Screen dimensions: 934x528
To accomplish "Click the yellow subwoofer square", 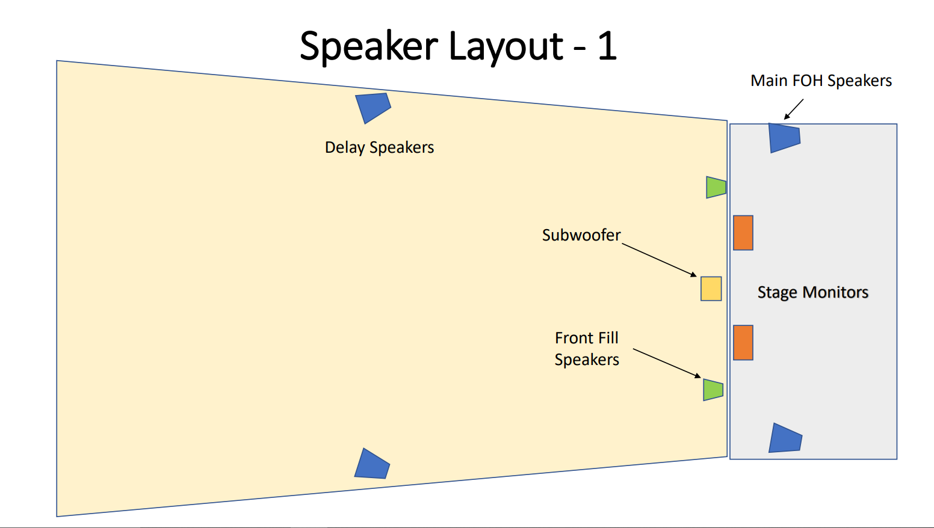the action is tap(711, 289).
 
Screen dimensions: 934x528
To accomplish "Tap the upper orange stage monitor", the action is tap(743, 233).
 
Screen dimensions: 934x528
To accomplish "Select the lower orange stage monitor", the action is tap(743, 343).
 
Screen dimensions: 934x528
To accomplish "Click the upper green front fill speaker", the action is tap(716, 187).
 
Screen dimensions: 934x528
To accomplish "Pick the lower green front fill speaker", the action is tap(713, 390).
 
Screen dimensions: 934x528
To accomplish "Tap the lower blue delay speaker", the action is tap(372, 464).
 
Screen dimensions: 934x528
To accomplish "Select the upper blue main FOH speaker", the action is tap(784, 138).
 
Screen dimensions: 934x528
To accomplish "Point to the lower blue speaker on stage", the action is tap(785, 438).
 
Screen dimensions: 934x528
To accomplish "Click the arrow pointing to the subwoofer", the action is tap(659, 260).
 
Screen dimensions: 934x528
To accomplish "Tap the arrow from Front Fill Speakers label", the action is tap(667, 363).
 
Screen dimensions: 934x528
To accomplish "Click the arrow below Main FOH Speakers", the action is tap(794, 109).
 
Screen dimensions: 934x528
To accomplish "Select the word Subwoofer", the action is tap(581, 235).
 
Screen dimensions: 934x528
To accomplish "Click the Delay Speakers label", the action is tap(379, 147).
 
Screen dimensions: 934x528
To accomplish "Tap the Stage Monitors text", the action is tap(813, 292).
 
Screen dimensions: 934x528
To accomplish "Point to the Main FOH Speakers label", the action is tap(821, 81).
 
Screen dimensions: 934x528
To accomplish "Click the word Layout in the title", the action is tap(506, 47).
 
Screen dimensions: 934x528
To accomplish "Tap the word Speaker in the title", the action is tap(369, 47).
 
